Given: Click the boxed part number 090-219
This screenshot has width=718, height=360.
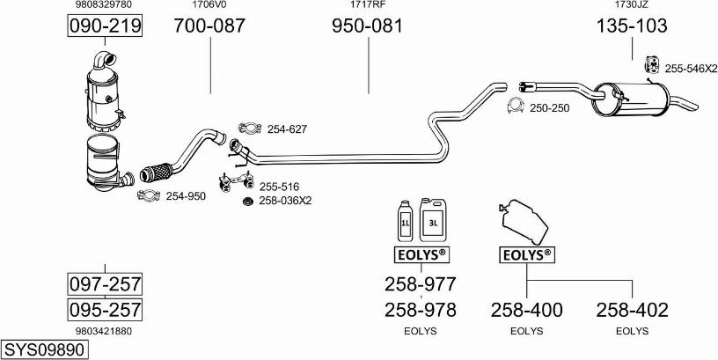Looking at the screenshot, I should click(106, 27).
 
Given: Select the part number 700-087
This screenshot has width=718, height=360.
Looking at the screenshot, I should click(209, 26).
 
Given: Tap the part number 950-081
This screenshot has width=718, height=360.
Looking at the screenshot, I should click(367, 26).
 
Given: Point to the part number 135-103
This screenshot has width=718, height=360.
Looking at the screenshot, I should click(632, 26).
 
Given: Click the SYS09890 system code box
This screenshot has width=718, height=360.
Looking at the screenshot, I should click(45, 349).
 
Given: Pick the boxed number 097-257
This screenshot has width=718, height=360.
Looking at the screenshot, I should click(106, 284).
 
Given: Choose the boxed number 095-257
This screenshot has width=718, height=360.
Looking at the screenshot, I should click(106, 310).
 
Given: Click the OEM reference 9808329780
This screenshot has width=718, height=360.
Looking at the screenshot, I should click(105, 5).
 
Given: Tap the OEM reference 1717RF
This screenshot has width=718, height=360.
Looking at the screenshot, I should click(367, 5).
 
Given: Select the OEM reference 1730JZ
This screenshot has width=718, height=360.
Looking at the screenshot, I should click(632, 5).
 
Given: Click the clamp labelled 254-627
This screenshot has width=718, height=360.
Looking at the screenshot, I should click(249, 129).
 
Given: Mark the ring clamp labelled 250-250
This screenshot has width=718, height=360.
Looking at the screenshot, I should click(514, 107).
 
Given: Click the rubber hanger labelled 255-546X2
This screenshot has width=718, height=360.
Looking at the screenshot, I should click(652, 65).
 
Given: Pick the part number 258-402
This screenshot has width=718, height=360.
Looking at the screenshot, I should click(632, 310).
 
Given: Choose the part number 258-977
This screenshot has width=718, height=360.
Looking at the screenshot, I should click(420, 284).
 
